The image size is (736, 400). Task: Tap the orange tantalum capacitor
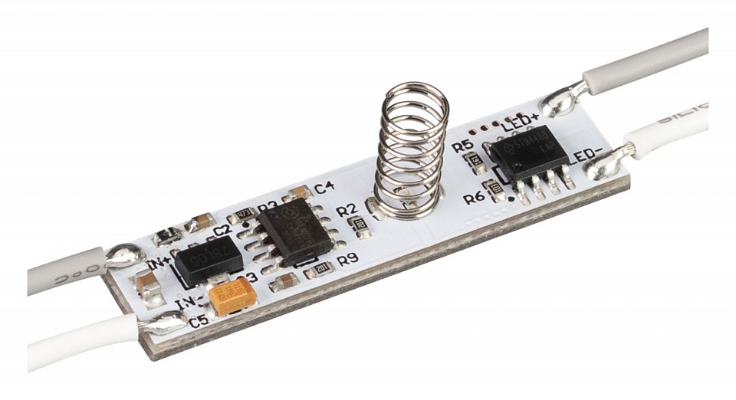(x=233, y=296)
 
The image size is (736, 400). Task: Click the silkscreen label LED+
(x=521, y=122)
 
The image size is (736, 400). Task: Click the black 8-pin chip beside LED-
(x=530, y=153)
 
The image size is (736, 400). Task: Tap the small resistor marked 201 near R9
(x=323, y=267)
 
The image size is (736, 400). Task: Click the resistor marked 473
(x=243, y=214)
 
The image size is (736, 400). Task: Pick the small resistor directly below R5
(x=475, y=159)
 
